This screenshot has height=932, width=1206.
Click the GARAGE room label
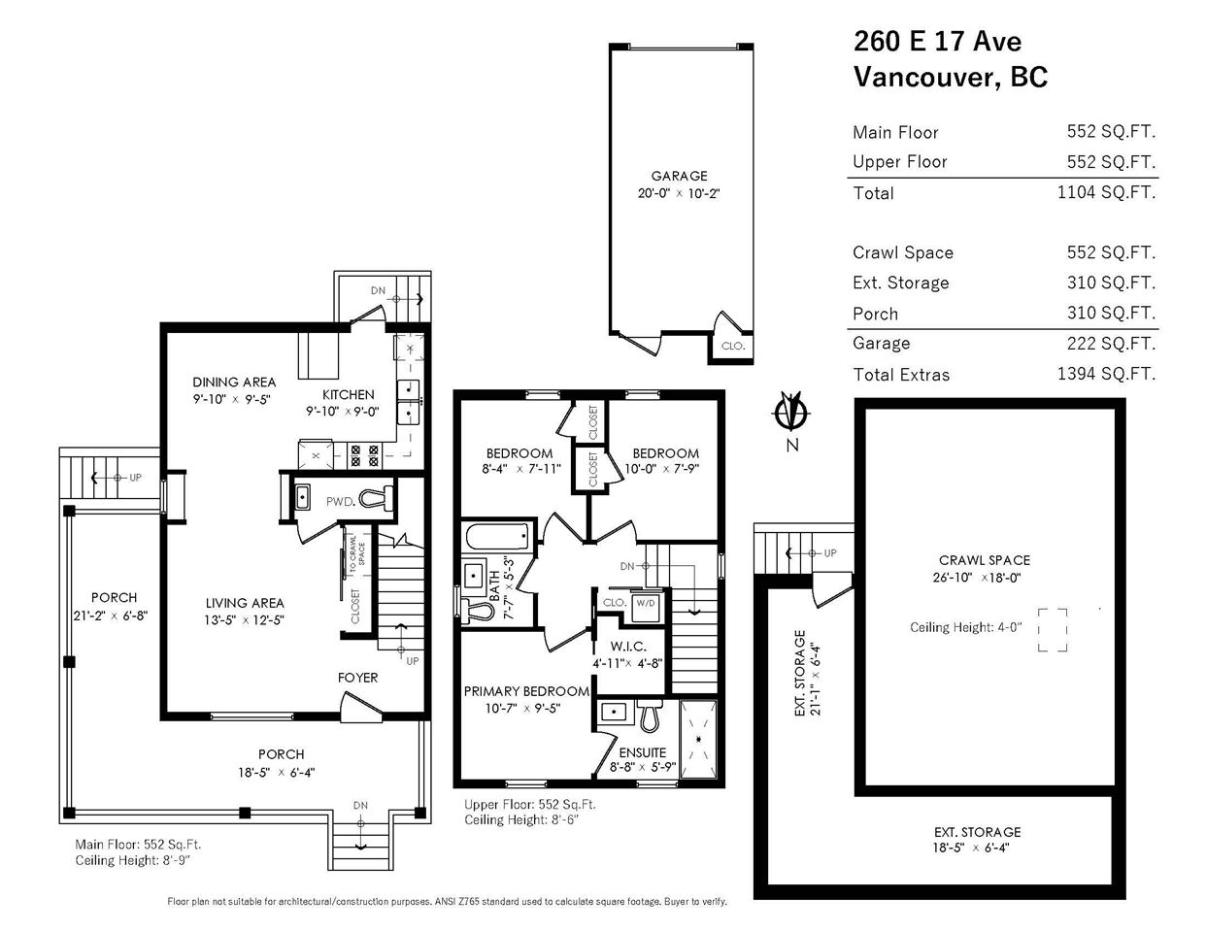click(x=679, y=176)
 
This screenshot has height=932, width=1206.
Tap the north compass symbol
click(x=792, y=413)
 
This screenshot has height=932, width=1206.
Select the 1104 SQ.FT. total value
click(x=1106, y=192)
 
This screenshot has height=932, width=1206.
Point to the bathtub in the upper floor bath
click(x=497, y=537)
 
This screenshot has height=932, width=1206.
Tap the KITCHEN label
click(x=348, y=394)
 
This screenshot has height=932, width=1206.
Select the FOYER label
click(x=357, y=678)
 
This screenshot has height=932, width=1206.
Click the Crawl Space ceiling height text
click(x=965, y=627)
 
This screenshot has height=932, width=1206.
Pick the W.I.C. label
click(x=628, y=647)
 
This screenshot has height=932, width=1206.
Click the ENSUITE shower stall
click(x=698, y=739)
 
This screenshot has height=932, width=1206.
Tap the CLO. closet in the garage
click(x=732, y=346)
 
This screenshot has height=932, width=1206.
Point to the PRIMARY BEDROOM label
click(x=526, y=691)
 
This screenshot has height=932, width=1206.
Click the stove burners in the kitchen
click(x=365, y=455)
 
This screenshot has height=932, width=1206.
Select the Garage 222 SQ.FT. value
click(x=1111, y=344)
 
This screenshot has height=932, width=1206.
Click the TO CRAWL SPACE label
click(x=357, y=553)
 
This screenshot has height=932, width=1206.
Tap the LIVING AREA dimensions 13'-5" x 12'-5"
click(x=244, y=620)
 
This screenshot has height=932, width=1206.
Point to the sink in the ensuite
click(x=614, y=712)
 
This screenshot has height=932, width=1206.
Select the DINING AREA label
click(x=234, y=382)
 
